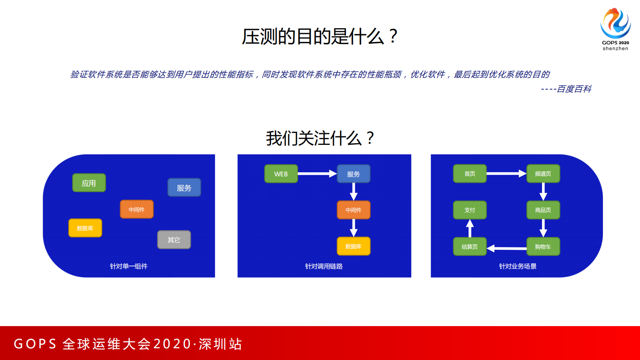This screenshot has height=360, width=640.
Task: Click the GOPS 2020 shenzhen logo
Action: pyautogui.click(x=615, y=29)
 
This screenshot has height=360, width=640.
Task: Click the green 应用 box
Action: pyautogui.click(x=89, y=183)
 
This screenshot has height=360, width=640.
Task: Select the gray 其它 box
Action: pyautogui.click(x=174, y=240)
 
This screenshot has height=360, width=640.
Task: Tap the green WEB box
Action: pyautogui.click(x=281, y=174)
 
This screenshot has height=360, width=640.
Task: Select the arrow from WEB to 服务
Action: pyautogui.click(x=317, y=174)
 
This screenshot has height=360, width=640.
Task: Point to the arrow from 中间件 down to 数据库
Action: pyautogui.click(x=354, y=228)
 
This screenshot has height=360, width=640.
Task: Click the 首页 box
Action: pyautogui.click(x=470, y=174)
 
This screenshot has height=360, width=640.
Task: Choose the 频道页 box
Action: pyautogui.click(x=543, y=174)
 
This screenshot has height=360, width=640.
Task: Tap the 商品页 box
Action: pyautogui.click(x=543, y=210)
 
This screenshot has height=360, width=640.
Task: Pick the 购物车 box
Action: pyautogui.click(x=543, y=247)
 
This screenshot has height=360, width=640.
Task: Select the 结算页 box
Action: pyautogui.click(x=470, y=247)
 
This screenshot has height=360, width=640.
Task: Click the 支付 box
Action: pyautogui.click(x=470, y=210)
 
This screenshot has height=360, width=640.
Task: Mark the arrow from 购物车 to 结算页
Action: pyautogui.click(x=507, y=248)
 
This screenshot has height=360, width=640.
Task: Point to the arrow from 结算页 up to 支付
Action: pyautogui.click(x=470, y=228)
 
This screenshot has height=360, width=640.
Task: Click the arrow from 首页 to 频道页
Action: pyautogui.click(x=506, y=174)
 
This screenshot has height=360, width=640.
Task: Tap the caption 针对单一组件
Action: pyautogui.click(x=129, y=266)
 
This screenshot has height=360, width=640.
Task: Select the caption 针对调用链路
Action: pyautogui.click(x=324, y=266)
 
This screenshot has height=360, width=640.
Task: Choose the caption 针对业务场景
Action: pyautogui.click(x=518, y=266)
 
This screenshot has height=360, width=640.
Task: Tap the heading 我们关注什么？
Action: pyautogui.click(x=320, y=138)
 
